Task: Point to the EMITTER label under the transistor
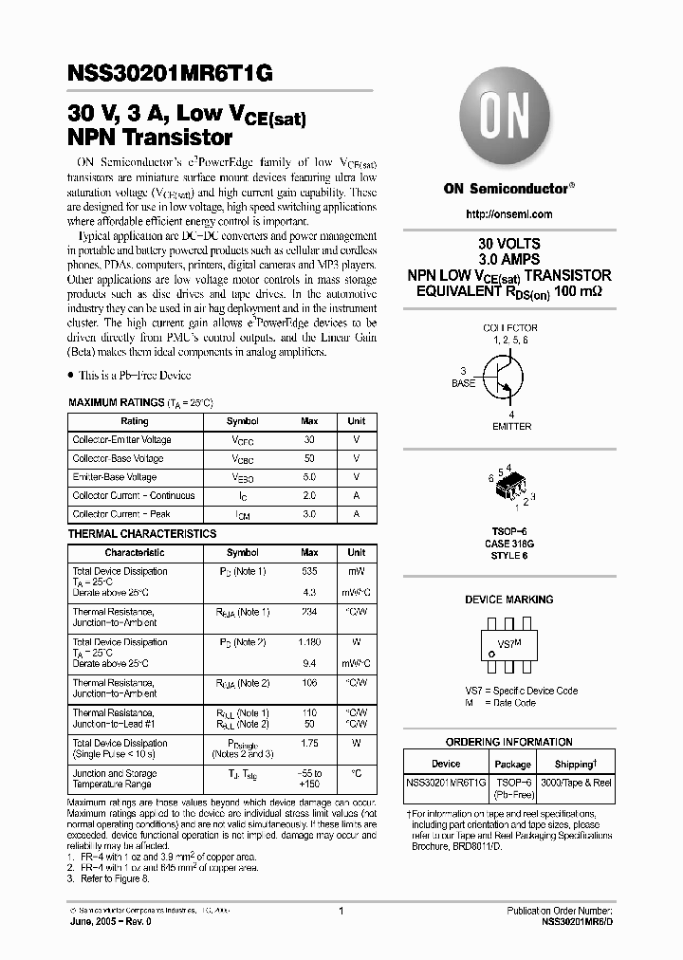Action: tap(511, 427)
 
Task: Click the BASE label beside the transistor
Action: tap(463, 384)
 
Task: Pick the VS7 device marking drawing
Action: tap(509, 645)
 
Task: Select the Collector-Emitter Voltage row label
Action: tap(122, 440)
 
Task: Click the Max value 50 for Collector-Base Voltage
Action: tap(309, 459)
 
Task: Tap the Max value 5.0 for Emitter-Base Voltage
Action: tap(309, 477)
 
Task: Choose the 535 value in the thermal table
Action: tap(309, 572)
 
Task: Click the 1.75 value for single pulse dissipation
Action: tap(309, 744)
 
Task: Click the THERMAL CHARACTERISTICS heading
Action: tap(142, 534)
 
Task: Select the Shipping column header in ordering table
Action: tap(575, 764)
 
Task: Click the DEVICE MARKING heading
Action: tap(508, 600)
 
